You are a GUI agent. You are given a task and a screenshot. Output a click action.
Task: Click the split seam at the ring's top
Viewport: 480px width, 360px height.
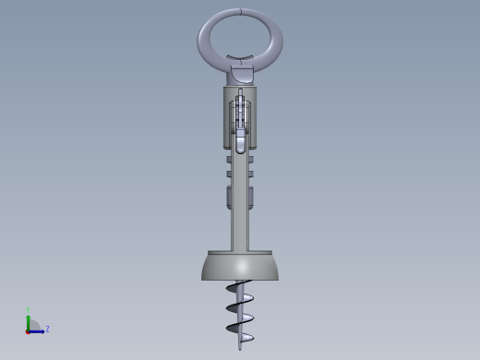240,11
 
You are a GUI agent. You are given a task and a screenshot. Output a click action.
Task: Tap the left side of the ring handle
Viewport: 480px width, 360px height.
204,38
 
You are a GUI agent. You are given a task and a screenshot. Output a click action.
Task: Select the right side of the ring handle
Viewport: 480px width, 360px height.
276,38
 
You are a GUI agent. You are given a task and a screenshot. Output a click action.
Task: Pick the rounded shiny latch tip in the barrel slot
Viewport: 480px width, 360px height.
240,143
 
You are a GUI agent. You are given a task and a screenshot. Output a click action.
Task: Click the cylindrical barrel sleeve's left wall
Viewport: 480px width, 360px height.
226,115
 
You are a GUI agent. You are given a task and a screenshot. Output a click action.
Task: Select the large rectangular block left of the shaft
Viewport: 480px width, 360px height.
229,197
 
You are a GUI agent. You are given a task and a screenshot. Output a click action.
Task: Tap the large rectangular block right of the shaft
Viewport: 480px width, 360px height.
251,197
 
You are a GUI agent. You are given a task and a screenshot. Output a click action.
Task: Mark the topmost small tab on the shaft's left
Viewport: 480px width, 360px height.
229,159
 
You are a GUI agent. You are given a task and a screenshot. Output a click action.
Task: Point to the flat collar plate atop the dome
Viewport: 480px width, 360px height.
240,253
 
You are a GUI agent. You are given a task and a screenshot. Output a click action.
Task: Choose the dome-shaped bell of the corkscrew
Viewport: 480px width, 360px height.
240,269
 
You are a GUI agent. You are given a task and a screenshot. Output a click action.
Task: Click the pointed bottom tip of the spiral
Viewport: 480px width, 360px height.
240,346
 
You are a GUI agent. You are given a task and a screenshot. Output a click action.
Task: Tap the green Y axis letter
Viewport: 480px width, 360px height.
29,311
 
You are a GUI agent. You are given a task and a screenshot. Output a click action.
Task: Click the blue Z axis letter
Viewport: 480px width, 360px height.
47,329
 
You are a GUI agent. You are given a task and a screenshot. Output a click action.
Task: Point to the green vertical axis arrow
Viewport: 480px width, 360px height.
29,321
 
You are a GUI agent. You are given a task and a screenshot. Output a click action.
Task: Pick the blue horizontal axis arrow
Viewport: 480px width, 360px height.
38,330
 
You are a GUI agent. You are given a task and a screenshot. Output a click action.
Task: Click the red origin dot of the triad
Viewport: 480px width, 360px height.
28,330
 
